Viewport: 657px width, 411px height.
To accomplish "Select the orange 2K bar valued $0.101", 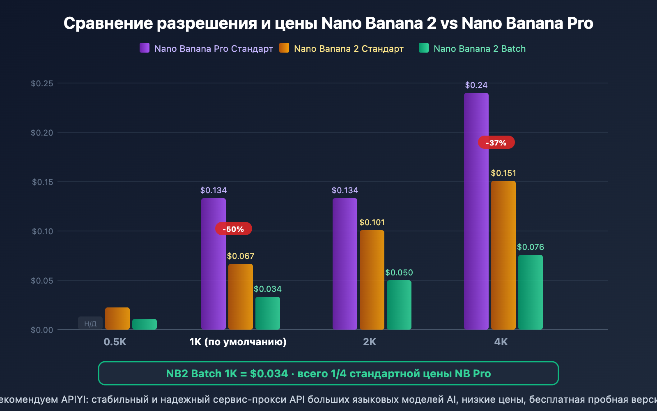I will coord(372,279).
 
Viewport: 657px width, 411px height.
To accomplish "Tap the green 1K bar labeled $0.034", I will coord(267,313).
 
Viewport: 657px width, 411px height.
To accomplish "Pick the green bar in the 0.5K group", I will coord(144,324).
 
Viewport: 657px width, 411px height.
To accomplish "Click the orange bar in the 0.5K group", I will coord(117,319).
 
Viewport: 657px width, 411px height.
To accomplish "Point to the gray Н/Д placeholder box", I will coord(90,323).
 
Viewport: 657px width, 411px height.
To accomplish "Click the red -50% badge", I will coord(233,229).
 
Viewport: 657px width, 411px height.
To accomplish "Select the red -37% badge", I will coord(496,143).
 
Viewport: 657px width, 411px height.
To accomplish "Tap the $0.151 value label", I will coord(503,173).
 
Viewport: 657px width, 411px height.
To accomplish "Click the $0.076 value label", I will coord(530,247).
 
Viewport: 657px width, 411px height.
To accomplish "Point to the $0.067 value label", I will coord(241,256).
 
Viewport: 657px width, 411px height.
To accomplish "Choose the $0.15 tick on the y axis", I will coord(43,182).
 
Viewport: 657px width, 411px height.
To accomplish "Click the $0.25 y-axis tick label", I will coord(42,83).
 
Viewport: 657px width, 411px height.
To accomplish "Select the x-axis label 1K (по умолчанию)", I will coord(238,342).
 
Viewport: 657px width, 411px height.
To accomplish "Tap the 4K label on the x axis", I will coord(501,342).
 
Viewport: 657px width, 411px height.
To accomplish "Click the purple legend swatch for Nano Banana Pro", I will coord(145,48).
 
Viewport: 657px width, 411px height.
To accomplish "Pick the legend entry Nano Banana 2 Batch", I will coord(479,48).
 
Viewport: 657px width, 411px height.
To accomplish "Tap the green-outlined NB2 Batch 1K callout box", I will coord(328,373).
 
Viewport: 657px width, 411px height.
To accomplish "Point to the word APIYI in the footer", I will coord(74,399).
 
